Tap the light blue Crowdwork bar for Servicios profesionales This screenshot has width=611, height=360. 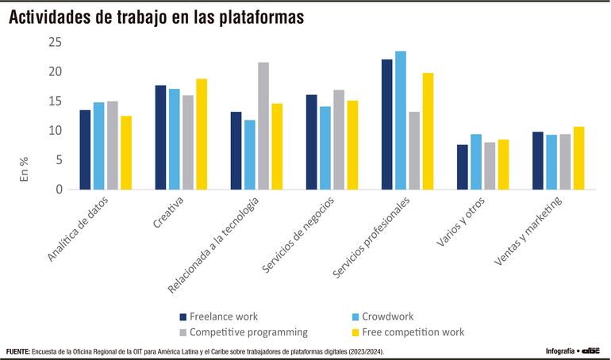click(401, 120)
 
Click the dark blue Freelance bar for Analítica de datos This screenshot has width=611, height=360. click(85, 149)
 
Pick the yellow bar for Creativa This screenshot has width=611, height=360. click(202, 133)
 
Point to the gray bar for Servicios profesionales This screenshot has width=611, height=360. click(414, 150)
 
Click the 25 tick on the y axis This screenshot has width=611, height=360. click(55, 42)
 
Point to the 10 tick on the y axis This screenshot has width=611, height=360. click(55, 131)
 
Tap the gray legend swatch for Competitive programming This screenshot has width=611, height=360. click(183, 332)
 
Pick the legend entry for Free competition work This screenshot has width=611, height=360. click(409, 332)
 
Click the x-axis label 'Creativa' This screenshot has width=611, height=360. click(169, 213)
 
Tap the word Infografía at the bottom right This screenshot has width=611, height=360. click(559, 350)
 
